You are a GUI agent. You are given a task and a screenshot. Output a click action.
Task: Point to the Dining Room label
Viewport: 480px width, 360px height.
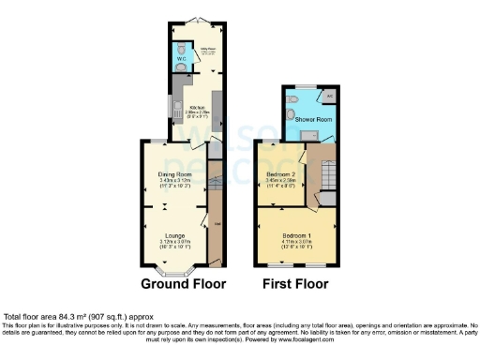point(174,174)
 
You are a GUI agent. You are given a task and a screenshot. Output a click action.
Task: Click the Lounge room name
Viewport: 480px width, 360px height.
point(174,234)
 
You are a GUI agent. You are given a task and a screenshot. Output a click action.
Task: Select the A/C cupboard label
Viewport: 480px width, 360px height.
point(329,94)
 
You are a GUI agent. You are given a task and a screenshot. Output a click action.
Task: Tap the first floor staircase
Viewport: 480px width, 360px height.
point(330,173)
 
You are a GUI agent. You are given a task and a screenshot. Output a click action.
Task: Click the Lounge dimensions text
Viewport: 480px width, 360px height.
point(174,244)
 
